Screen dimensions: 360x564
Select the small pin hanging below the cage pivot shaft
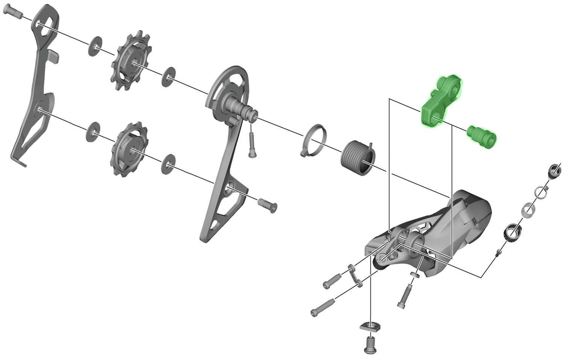click(252, 144)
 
